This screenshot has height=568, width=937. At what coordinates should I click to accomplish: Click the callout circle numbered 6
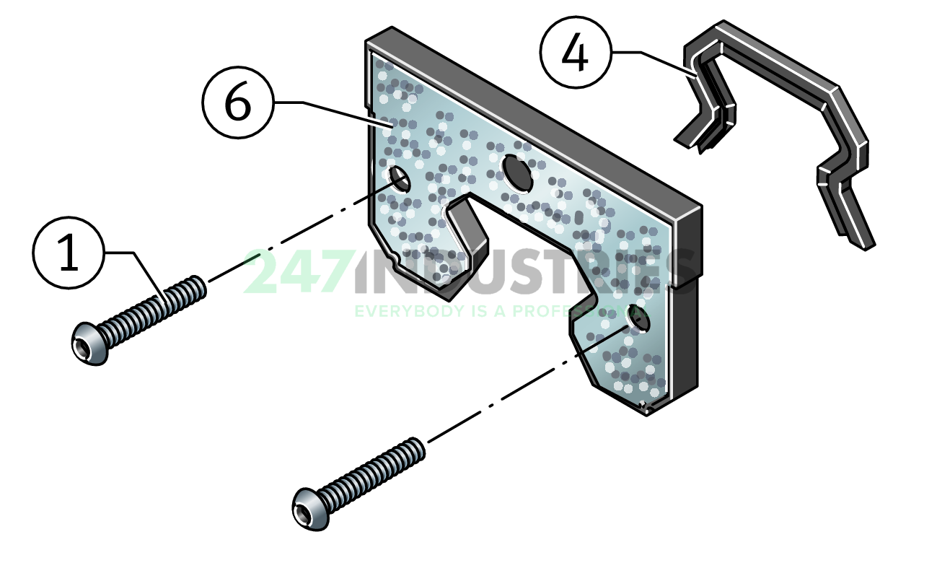pyautogui.click(x=238, y=104)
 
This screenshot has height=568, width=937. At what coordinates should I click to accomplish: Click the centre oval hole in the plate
pyautogui.click(x=517, y=172)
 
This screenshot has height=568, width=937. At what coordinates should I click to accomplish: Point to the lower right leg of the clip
pyautogui.click(x=855, y=217)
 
